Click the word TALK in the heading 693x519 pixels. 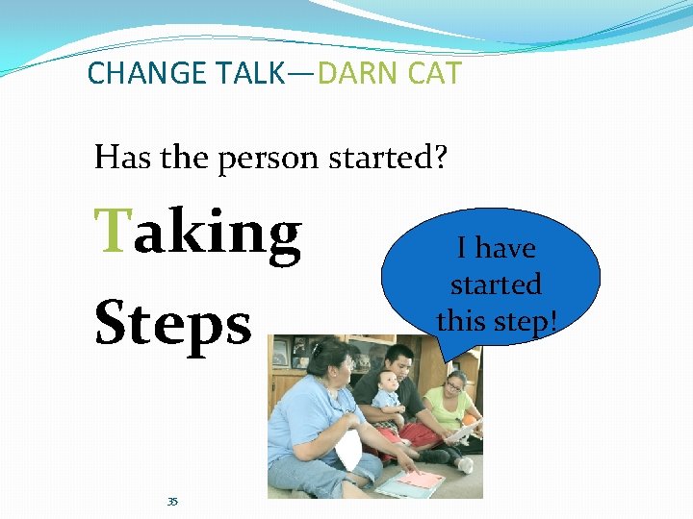251,73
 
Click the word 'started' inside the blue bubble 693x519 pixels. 496,284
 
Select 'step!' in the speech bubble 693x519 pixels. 526,321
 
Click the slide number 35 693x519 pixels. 172,502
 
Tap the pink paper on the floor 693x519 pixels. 421,478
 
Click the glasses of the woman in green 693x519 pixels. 453,389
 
